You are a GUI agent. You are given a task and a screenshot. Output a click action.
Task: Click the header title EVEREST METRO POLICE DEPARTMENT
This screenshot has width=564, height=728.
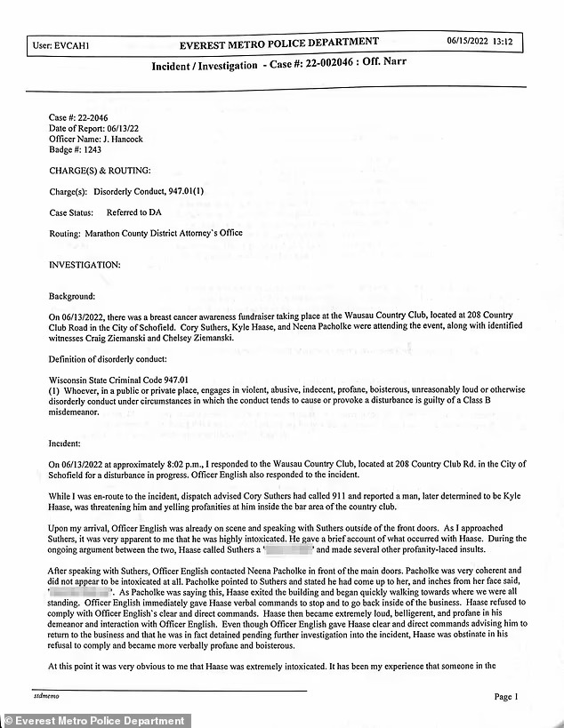[x=278, y=43]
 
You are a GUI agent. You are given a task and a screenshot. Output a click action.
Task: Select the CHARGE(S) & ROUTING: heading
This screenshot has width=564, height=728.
[x=100, y=170]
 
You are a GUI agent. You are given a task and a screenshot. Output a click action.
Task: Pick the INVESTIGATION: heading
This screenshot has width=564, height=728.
[x=84, y=264]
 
